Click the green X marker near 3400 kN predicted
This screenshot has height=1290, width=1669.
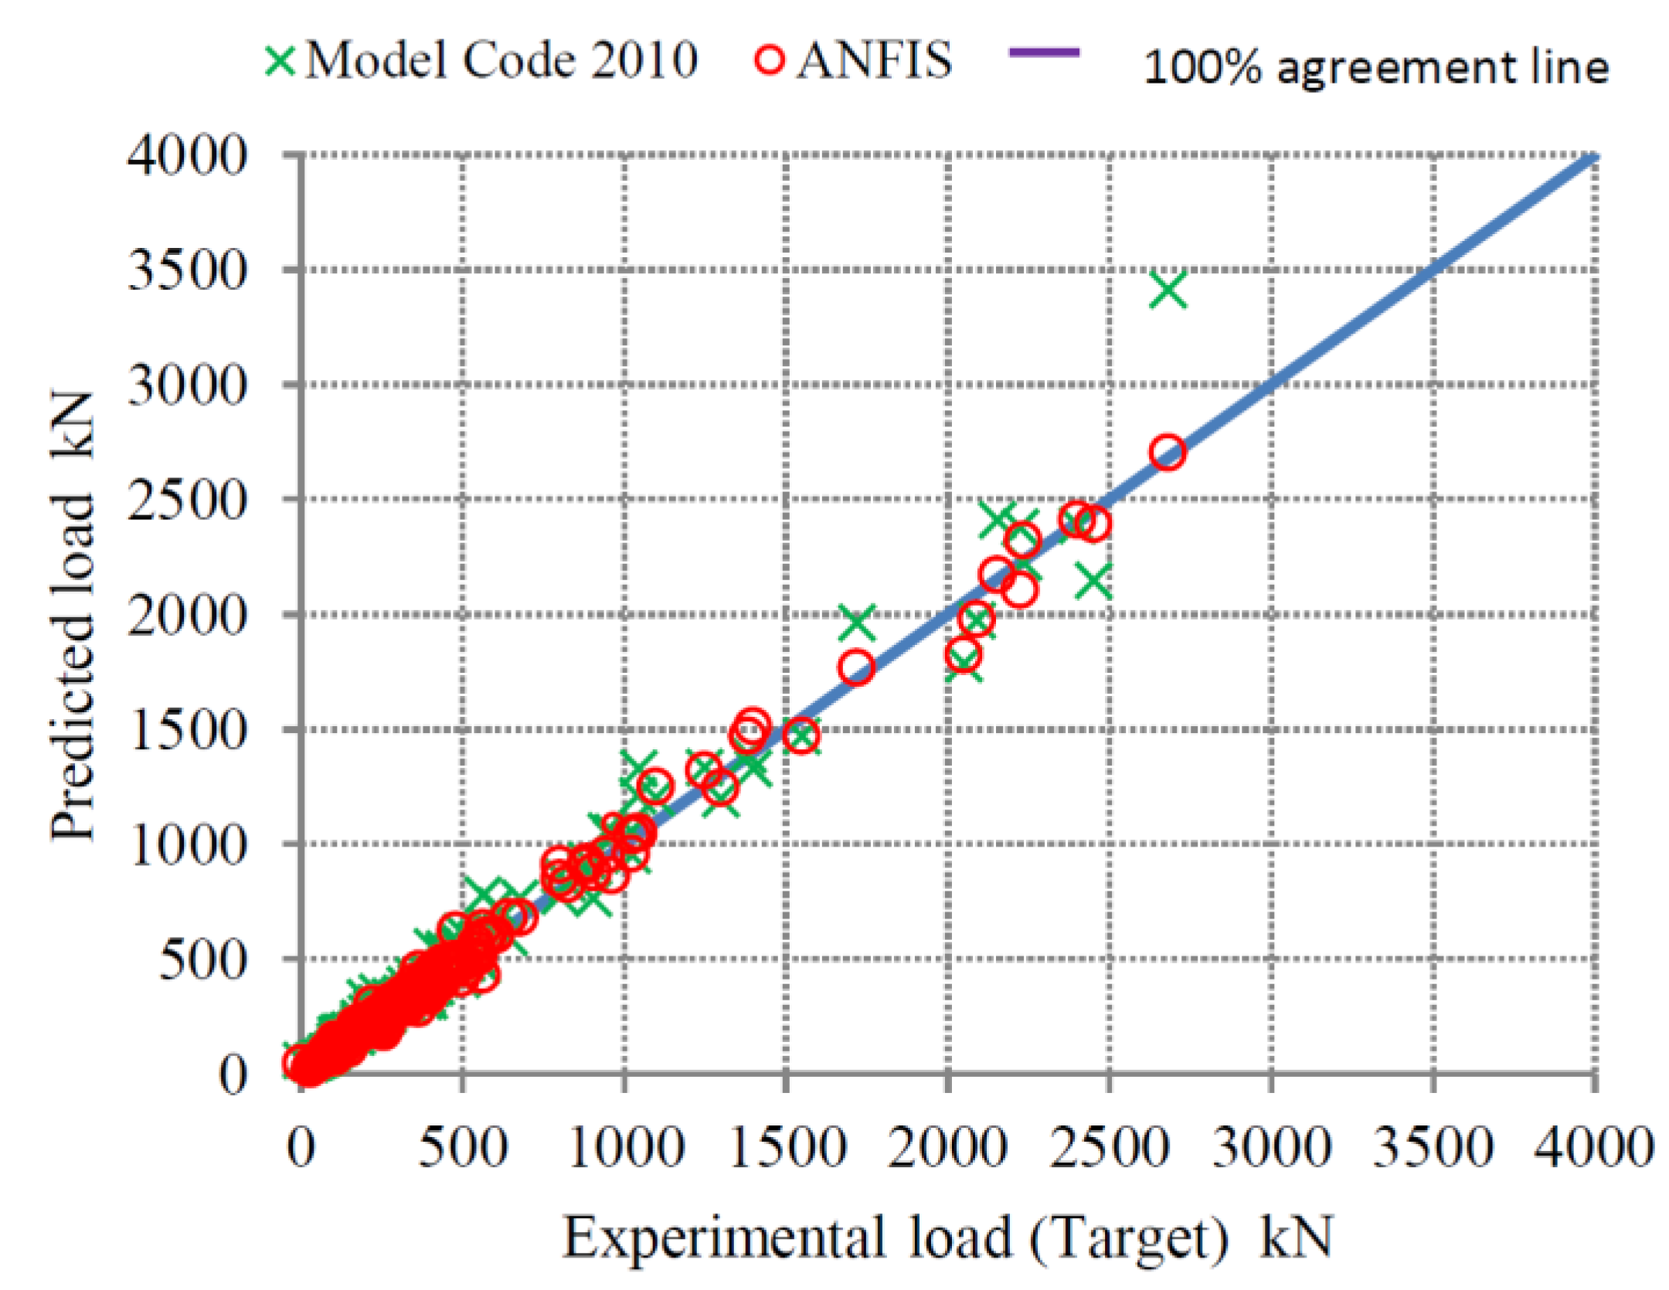point(1168,290)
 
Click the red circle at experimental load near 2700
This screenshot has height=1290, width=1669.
point(1167,453)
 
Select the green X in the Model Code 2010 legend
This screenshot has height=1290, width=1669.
point(280,61)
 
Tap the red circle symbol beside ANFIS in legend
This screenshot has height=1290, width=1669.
point(769,60)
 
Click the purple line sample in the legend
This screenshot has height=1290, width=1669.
point(1044,53)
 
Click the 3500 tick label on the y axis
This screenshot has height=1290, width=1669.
point(187,270)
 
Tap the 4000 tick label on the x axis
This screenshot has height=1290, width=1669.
point(1593,1149)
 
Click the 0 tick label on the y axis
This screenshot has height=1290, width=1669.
point(232,1074)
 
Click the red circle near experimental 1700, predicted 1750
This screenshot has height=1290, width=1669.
point(856,668)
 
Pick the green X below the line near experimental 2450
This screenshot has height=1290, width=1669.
point(1094,580)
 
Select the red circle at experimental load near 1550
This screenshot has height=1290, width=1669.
point(801,735)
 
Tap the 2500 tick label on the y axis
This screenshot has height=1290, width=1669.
point(187,500)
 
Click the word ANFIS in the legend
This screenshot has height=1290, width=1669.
point(874,60)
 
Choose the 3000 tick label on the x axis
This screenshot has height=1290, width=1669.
point(1271,1149)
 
